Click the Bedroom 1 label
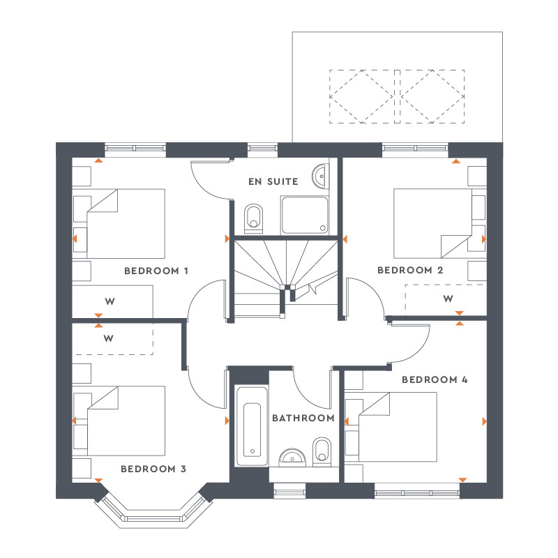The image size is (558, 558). [156, 271]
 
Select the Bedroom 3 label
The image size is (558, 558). [153, 469]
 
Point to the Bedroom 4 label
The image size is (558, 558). [434, 380]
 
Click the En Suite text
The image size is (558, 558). [273, 181]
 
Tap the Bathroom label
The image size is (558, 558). [303, 418]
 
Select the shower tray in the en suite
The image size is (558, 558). [304, 214]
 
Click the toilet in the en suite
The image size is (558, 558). [254, 217]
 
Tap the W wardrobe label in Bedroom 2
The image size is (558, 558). [448, 299]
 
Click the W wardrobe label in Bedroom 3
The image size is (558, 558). [108, 339]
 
